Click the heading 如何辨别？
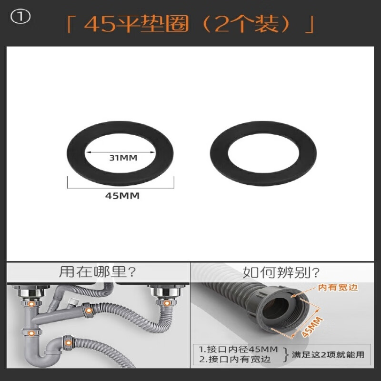pyautogui.click(x=281, y=272)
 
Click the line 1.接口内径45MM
pyautogui.click(x=238, y=349)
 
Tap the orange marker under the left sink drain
pyautogui.click(x=31, y=303)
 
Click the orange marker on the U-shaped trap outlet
pyautogui.click(x=68, y=342)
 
